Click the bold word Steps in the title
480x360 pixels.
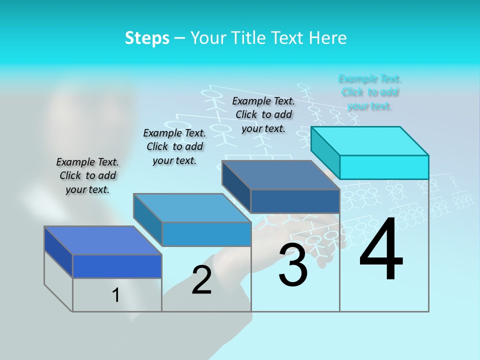(x=147, y=38)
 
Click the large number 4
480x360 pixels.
(x=381, y=250)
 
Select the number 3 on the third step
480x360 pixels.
(x=293, y=265)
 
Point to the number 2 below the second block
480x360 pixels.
(x=201, y=280)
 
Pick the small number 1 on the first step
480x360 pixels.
(x=115, y=295)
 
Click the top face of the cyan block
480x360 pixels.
(x=370, y=140)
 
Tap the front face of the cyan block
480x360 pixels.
(x=384, y=167)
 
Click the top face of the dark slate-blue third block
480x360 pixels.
(x=281, y=175)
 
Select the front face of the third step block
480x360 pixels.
(x=295, y=201)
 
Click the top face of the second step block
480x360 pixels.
(x=192, y=208)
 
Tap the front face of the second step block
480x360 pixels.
(x=206, y=234)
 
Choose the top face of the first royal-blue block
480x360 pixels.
(x=103, y=240)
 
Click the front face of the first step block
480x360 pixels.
(x=117, y=266)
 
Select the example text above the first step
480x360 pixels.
(x=87, y=175)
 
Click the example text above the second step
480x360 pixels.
(x=174, y=146)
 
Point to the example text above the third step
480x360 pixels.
(x=263, y=114)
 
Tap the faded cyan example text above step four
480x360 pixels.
(x=370, y=92)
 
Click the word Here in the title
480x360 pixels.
(x=329, y=38)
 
